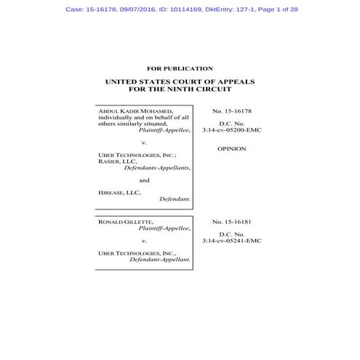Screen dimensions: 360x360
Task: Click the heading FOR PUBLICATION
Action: pyautogui.click(x=180, y=68)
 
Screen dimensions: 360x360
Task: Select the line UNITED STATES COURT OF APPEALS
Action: pyautogui.click(x=180, y=82)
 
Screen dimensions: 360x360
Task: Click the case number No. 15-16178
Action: pyautogui.click(x=231, y=111)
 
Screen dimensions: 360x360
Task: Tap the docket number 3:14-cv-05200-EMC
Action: pyautogui.click(x=231, y=130)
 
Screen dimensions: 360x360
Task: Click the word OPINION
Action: pyautogui.click(x=231, y=148)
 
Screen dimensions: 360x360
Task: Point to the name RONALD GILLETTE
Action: pyautogui.click(x=121, y=221)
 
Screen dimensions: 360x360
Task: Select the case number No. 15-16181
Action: pyautogui.click(x=231, y=221)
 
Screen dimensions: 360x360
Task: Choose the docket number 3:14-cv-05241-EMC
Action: pyautogui.click(x=231, y=240)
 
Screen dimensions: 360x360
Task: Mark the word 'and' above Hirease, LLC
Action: pyautogui.click(x=144, y=180)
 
